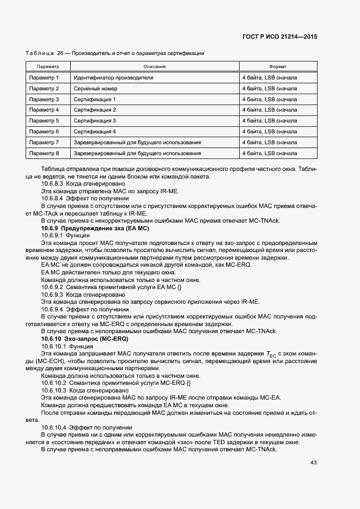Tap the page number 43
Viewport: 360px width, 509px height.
pyautogui.click(x=313, y=463)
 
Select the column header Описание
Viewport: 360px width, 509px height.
pyautogui.click(x=155, y=67)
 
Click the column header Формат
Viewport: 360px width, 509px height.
pyautogui.click(x=278, y=67)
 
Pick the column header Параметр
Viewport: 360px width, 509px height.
pyautogui.click(x=48, y=67)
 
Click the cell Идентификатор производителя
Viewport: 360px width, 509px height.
pyautogui.click(x=113, y=78)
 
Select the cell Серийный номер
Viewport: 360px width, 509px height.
pyautogui.click(x=95, y=89)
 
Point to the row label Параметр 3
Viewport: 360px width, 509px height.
pyautogui.click(x=44, y=100)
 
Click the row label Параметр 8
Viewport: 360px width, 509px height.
pyautogui.click(x=44, y=154)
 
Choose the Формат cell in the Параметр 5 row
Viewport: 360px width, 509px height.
pyautogui.click(x=270, y=121)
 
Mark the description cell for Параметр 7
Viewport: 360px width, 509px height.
pyautogui.click(x=137, y=143)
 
